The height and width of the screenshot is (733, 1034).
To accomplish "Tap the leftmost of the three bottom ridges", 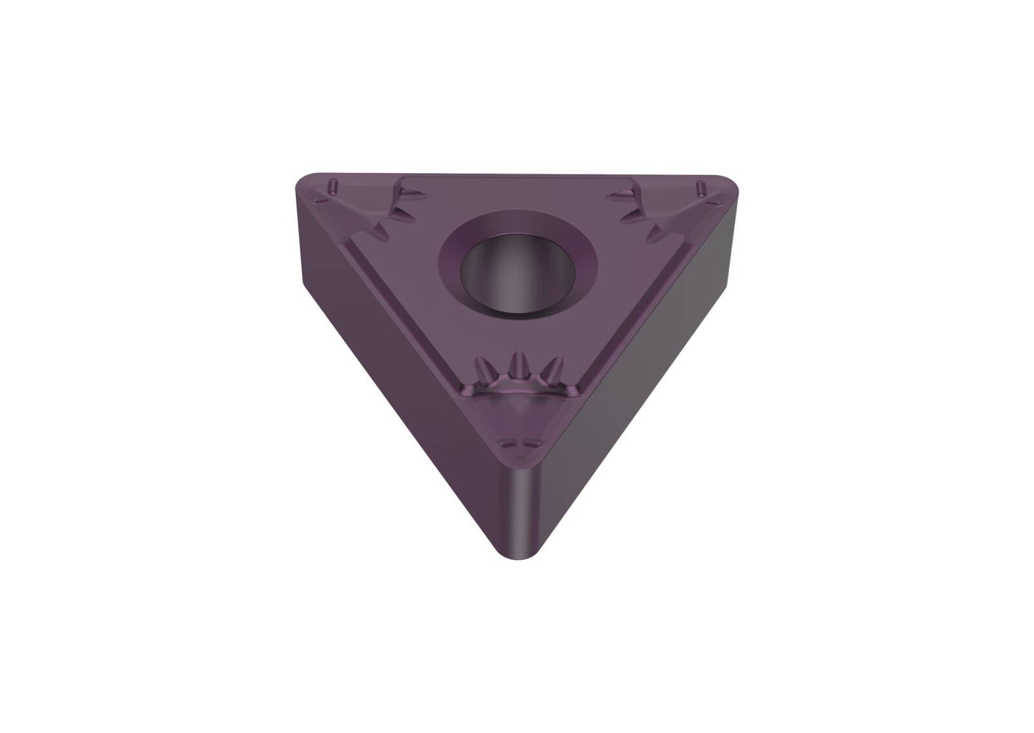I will [x=487, y=370].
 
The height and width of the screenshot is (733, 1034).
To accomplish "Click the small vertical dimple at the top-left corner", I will [x=333, y=187].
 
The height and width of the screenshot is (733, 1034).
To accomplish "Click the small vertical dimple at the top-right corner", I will [x=702, y=187].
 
